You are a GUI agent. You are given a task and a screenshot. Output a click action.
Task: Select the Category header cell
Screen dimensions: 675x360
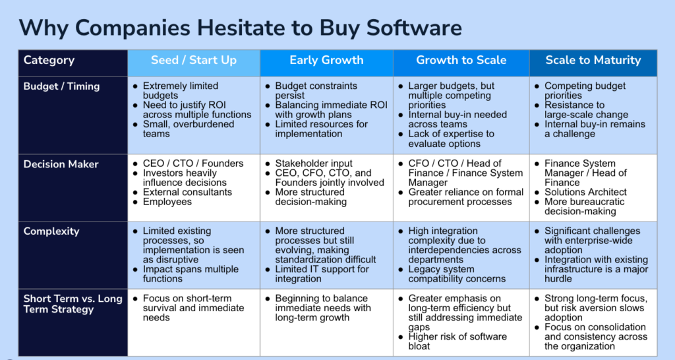73,63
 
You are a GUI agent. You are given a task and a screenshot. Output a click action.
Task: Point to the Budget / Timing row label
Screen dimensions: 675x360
61,86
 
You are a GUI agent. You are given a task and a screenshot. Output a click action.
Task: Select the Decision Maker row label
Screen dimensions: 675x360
61,164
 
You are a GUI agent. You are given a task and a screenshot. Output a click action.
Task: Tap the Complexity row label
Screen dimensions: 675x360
51,231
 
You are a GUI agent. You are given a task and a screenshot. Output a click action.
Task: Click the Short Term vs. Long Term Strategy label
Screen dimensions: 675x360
73,303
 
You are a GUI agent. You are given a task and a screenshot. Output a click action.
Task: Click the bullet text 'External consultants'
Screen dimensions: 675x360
187,192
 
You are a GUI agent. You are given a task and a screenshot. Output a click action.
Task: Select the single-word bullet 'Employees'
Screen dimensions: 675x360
167,202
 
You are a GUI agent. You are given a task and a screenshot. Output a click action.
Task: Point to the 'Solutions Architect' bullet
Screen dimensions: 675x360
585,192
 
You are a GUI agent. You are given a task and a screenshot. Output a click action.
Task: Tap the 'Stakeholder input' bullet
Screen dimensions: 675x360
314,164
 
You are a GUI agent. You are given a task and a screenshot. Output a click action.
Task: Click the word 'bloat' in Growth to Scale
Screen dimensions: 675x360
419,346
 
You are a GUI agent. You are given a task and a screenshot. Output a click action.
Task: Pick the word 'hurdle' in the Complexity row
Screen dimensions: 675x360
558,279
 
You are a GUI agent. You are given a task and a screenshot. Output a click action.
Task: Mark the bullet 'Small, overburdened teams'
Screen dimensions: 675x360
189,129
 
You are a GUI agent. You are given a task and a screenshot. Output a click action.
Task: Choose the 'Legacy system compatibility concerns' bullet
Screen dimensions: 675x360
457,274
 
